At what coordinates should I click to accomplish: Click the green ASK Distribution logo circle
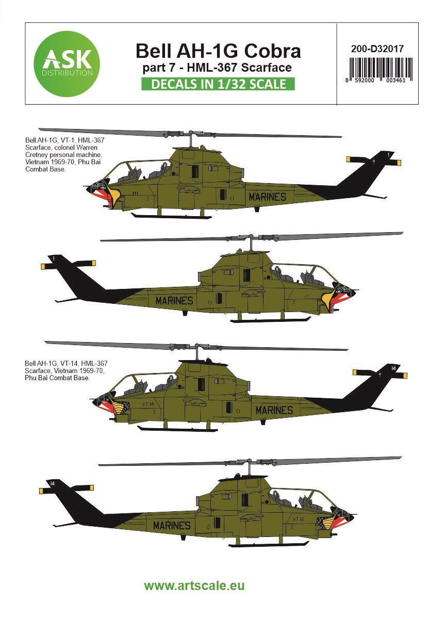click(x=66, y=63)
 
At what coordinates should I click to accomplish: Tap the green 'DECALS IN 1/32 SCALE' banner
click(x=218, y=84)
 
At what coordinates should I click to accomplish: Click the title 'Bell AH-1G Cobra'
click(x=218, y=51)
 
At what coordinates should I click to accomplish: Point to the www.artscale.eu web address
click(x=194, y=586)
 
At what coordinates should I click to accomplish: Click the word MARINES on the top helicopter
click(x=267, y=197)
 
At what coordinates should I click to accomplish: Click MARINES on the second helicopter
click(x=174, y=300)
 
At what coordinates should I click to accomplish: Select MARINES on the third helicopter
click(x=274, y=410)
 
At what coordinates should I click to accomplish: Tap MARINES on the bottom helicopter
click(x=172, y=526)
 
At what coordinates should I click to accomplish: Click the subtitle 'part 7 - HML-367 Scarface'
click(x=218, y=67)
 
